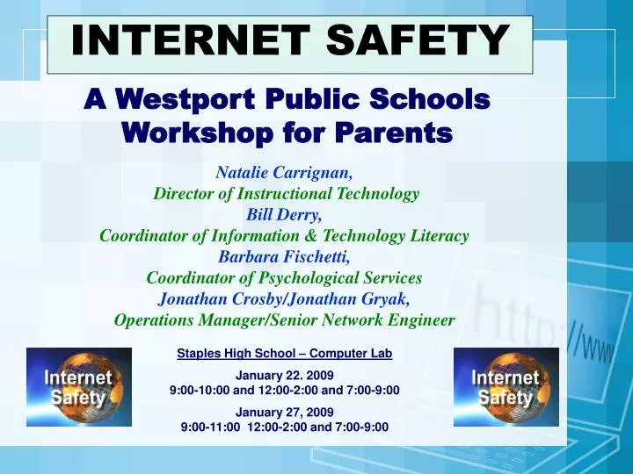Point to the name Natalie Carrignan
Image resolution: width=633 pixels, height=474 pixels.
[x=286, y=173]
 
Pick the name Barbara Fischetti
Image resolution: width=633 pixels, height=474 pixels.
[x=284, y=257]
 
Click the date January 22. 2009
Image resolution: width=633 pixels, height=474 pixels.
[x=285, y=376]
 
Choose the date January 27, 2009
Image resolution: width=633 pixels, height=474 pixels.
[x=285, y=412]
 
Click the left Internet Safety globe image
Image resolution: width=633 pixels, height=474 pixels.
[x=79, y=387]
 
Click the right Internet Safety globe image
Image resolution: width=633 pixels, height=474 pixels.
[x=506, y=387]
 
